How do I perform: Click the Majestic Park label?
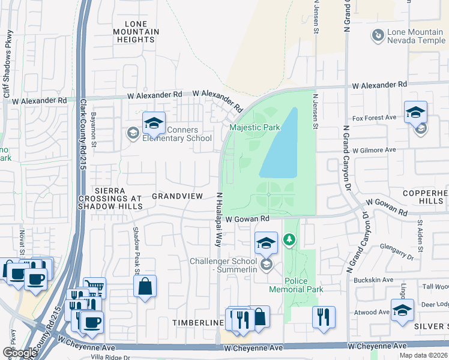pos(255,128)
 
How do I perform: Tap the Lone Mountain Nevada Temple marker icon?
pos(378,36)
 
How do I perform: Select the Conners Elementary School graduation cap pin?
pos(154,124)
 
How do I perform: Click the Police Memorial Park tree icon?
pos(290,241)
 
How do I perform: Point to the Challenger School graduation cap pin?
pos(266,243)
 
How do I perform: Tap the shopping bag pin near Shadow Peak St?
pos(145,287)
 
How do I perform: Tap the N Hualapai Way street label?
pos(219,220)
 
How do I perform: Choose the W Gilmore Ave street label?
pos(374,150)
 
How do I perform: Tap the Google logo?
pos(19,353)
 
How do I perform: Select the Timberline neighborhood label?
pos(198,323)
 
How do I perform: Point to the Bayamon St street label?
pos(94,124)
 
